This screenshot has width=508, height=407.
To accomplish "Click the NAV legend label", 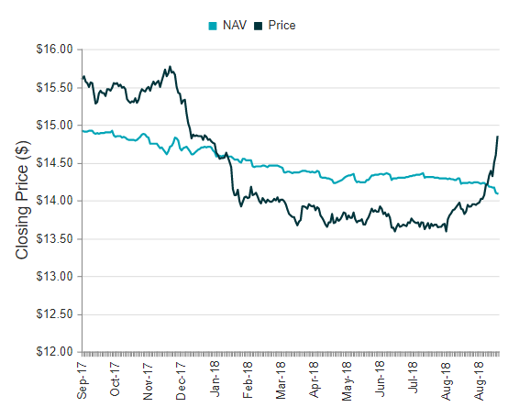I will point(235,25).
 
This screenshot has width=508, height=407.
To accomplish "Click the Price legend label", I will point(282,25).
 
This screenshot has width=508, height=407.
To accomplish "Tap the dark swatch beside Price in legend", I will point(260,25).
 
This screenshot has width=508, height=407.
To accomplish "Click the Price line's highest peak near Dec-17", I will point(170,66).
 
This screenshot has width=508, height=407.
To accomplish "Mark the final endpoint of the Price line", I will point(498,137).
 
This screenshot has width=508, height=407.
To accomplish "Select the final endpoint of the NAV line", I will point(498,193).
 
